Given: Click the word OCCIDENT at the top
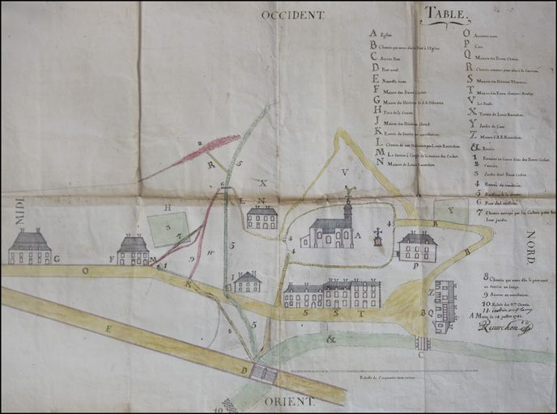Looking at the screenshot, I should coord(292,14).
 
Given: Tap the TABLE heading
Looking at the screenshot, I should coord(445,13).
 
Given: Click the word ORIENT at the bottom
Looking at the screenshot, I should coord(288,400).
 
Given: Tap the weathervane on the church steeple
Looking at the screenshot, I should coord(348,192).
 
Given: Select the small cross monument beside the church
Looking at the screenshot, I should coord(376,237).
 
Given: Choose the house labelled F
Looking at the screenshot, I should coord(133,250).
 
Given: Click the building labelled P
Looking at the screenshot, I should coord(418,246).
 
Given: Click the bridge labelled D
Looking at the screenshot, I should coord(262,372).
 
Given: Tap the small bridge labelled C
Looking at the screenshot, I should coord(422,342).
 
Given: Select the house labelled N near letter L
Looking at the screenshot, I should coord(261,217).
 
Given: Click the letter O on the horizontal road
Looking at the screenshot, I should coord(85,272).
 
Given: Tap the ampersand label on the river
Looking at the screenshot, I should coord(330,340).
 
